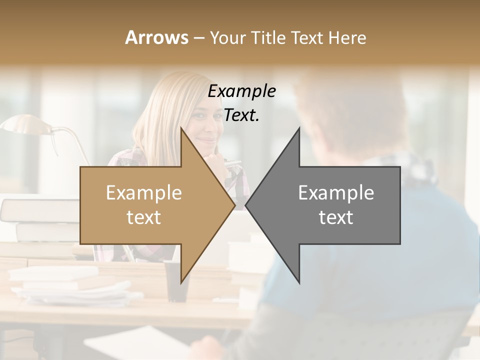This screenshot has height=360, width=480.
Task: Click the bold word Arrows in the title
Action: tap(156, 37)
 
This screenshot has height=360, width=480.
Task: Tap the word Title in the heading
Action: tap(269, 37)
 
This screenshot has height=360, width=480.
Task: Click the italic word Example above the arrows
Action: tap(241, 91)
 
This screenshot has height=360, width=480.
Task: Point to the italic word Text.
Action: tap(241, 115)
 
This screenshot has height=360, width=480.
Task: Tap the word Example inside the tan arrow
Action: tap(144, 193)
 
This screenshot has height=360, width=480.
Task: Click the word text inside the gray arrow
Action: tap(336, 217)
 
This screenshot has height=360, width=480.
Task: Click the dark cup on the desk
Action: tap(176, 280)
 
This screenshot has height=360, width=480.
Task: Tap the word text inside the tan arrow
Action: tap(144, 217)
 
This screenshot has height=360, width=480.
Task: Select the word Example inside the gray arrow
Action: tap(336, 193)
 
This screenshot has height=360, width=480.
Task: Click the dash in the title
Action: tap(198, 38)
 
